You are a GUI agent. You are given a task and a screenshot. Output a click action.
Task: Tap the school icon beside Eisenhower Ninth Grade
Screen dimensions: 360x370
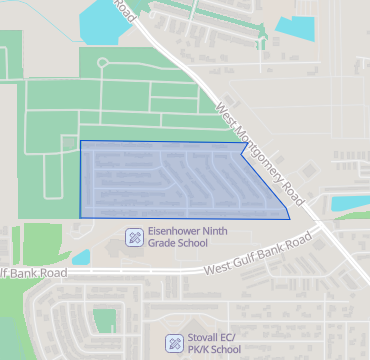(x=133, y=237)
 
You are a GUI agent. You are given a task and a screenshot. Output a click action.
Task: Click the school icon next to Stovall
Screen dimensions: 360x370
(x=174, y=343)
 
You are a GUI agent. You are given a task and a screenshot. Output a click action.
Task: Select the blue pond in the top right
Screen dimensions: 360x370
(x=301, y=24)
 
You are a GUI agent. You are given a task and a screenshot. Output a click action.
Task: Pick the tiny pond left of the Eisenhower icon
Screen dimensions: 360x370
(x=81, y=257)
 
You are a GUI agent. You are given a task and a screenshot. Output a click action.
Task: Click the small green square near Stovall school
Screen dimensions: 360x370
(x=104, y=320)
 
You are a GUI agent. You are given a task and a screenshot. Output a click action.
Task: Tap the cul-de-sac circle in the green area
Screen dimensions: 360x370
(x=102, y=64)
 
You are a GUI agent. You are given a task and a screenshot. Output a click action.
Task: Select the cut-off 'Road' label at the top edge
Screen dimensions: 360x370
(x=123, y=10)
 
